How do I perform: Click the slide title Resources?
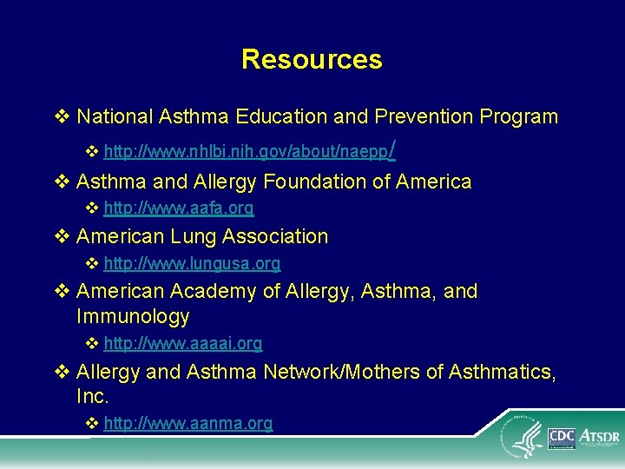click(312, 59)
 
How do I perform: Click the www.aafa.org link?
click(178, 208)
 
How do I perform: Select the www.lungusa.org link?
click(192, 263)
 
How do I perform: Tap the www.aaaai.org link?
click(182, 344)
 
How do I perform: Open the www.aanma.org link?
click(187, 424)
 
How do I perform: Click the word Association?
click(275, 236)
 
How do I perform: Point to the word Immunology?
click(133, 316)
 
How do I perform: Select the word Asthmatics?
click(500, 372)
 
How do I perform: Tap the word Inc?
click(92, 397)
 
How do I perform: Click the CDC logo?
click(562, 438)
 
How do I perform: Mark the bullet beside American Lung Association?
click(61, 236)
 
